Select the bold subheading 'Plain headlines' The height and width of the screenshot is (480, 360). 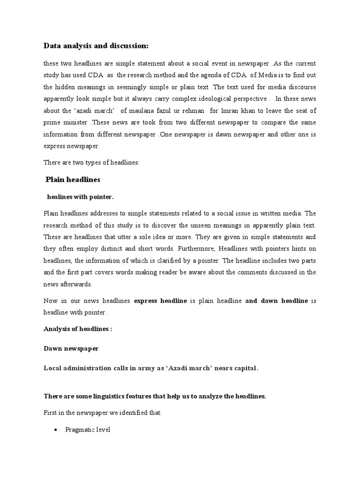pos(73,180)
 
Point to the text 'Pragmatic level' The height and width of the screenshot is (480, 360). pos(88,429)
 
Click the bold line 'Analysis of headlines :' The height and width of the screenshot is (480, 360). pos(78,329)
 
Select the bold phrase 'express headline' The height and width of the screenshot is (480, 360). pos(160,300)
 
